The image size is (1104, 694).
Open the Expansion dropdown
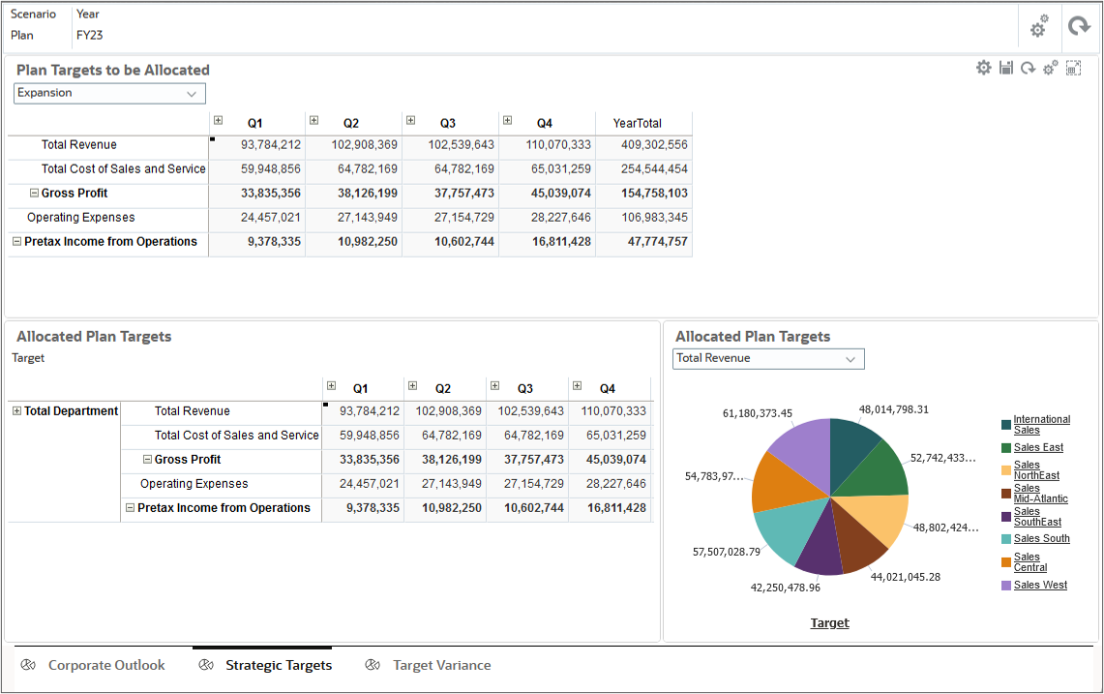pos(109,93)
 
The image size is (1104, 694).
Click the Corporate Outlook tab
pos(106,665)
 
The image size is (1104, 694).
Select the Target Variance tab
pos(441,665)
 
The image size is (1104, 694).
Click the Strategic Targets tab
pos(278,665)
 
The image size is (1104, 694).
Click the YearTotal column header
pos(637,123)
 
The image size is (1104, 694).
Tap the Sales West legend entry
pos(1040,586)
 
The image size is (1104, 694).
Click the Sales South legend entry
pos(1041,539)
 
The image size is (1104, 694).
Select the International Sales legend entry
pos(1041,424)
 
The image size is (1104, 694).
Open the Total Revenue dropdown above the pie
pos(768,358)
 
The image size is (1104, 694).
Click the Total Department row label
pos(71,411)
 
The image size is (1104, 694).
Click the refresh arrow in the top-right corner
pos(1078,27)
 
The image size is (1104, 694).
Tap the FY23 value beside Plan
pos(89,35)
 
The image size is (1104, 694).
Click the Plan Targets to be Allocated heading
pos(113,70)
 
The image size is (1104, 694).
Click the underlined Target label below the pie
pos(829,623)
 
